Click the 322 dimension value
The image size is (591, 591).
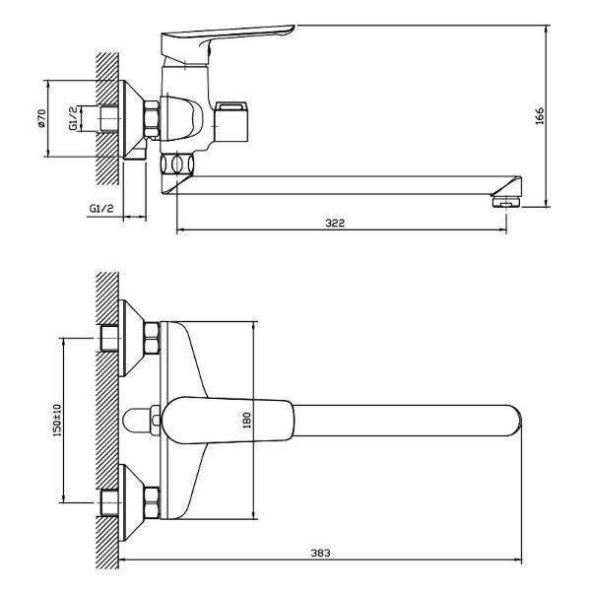click(x=335, y=223)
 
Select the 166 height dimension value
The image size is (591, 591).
click(x=540, y=116)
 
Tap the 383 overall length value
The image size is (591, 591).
click(x=320, y=553)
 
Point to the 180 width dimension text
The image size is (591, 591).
click(x=246, y=420)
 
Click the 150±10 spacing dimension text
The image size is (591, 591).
click(x=57, y=421)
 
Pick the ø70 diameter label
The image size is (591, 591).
click(x=41, y=118)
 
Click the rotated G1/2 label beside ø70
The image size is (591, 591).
click(x=74, y=118)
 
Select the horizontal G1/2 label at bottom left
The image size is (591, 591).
click(x=101, y=208)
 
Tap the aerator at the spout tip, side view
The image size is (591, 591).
click(x=506, y=201)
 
